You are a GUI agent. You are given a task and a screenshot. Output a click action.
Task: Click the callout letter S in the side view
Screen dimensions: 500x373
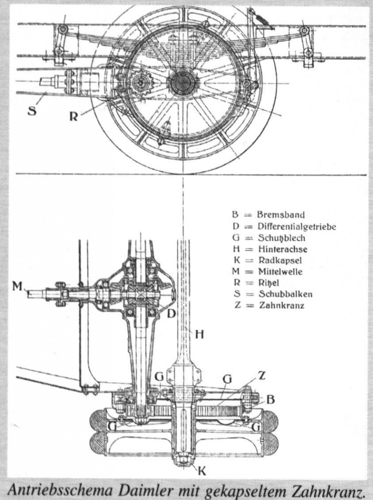click(32, 111)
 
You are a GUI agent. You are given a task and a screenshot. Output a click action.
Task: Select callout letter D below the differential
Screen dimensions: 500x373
click(171, 314)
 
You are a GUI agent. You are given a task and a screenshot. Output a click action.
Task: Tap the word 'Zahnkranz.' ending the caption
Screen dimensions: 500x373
click(322, 489)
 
